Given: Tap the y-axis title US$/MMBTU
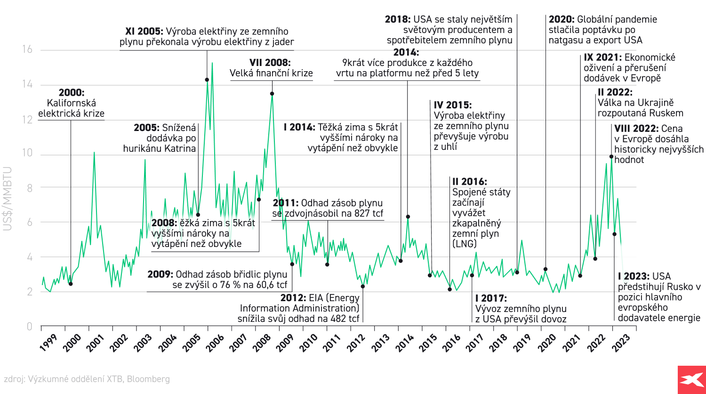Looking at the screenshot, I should pyautogui.click(x=8, y=198).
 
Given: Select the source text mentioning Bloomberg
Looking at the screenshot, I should pyautogui.click(x=87, y=379).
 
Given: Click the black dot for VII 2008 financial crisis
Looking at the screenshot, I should pyautogui.click(x=272, y=94).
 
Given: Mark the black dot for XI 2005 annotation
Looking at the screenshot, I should pyautogui.click(x=207, y=80).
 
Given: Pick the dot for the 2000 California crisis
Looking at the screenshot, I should pyautogui.click(x=71, y=284).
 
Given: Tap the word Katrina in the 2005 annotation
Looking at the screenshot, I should pyautogui.click(x=179, y=148).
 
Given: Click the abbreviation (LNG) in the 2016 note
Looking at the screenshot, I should pyautogui.click(x=465, y=244).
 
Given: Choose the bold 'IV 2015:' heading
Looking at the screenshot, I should pyautogui.click(x=452, y=105).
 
